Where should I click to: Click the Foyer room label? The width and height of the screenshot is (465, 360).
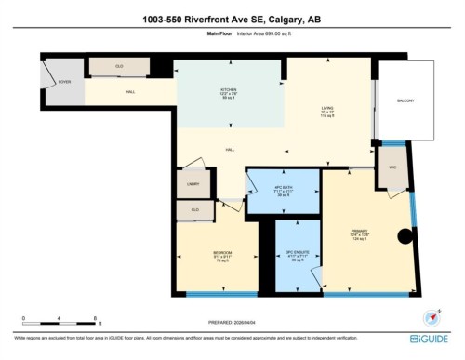(64, 82)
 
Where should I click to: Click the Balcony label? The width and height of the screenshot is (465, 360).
(405, 100)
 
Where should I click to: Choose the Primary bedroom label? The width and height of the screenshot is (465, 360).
(361, 232)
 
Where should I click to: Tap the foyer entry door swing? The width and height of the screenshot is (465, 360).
(49, 73)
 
